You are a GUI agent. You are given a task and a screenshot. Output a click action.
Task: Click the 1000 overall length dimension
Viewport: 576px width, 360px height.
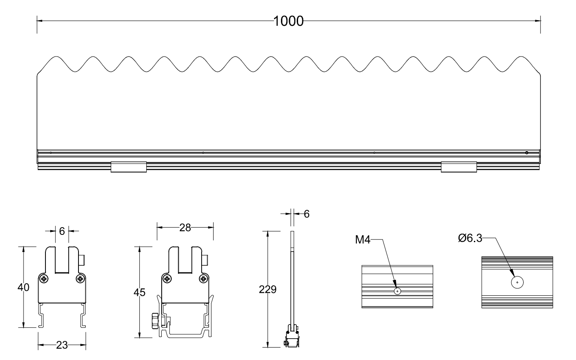(289, 20)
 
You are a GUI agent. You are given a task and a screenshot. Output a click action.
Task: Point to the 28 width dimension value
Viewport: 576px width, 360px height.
(185, 227)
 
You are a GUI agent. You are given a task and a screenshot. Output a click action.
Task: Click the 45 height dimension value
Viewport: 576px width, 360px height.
(139, 293)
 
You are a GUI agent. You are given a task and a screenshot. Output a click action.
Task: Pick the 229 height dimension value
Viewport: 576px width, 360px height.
(268, 289)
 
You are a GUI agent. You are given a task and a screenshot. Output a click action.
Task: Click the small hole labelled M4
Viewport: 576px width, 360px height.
(398, 291)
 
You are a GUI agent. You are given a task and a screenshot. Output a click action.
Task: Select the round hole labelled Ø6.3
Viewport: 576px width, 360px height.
(518, 283)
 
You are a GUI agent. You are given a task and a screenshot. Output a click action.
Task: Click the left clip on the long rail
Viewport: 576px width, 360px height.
(129, 167)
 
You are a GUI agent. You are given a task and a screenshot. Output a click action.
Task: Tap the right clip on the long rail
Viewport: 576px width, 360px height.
(459, 167)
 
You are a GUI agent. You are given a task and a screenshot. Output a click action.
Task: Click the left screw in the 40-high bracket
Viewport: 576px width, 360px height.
(45, 279)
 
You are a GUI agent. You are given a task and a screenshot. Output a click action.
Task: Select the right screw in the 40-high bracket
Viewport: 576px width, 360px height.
(80, 279)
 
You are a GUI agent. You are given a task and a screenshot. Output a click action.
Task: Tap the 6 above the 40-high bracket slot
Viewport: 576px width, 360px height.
(62, 231)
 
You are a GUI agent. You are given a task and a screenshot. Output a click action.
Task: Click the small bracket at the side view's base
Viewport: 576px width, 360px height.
(292, 336)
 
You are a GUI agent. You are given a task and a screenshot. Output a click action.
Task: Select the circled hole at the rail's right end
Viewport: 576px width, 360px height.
(527, 153)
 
